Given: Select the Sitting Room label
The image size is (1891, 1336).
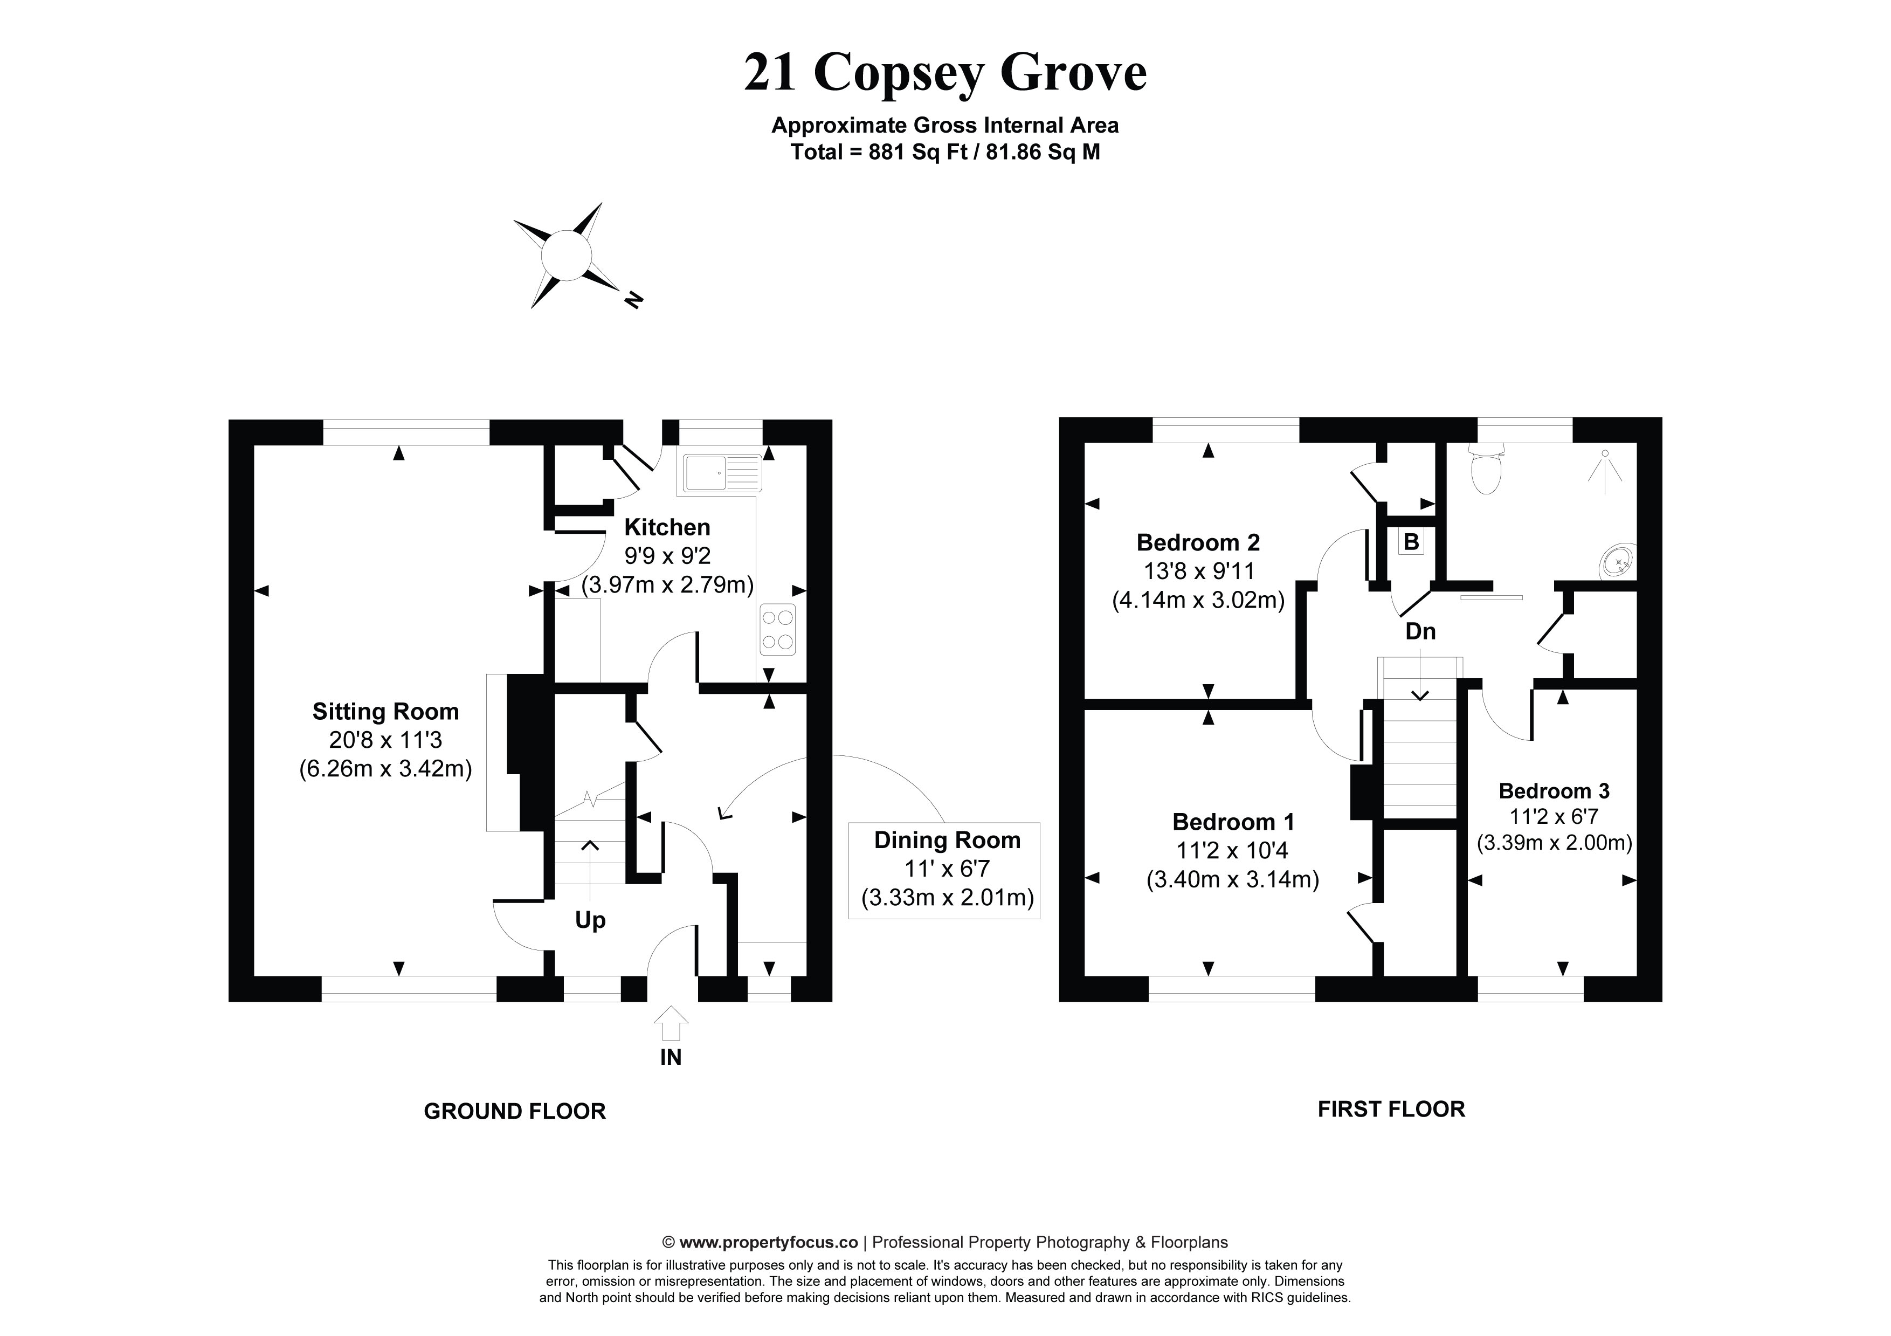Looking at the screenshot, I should tap(385, 712).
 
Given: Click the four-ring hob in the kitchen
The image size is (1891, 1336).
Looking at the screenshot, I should tap(777, 630).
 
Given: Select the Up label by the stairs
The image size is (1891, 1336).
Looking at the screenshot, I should tap(590, 920).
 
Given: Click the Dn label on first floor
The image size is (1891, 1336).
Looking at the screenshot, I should tap(1420, 632).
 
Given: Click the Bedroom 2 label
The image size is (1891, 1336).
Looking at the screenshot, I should tap(1198, 543).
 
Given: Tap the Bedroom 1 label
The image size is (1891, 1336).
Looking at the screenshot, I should tap(1233, 822).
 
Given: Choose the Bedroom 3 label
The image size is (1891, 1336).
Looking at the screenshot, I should tap(1554, 791).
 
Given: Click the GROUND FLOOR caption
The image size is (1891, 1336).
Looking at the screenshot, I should tap(515, 1112).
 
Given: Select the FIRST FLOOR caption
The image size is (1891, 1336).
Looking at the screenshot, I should tap(1391, 1110).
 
